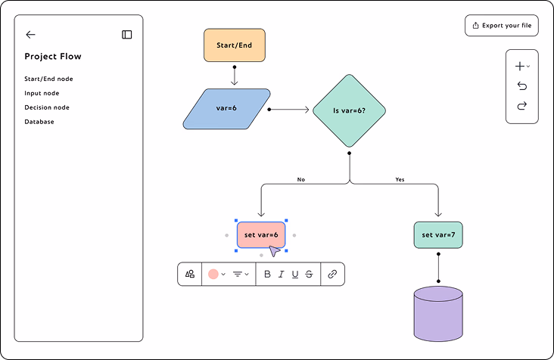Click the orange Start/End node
(235, 45)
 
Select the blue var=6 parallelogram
(226, 109)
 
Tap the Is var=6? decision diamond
(349, 110)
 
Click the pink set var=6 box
(261, 235)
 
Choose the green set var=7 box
(438, 235)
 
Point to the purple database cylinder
(438, 314)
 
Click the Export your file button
(502, 26)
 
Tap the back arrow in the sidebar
(31, 35)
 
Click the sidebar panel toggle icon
(127, 35)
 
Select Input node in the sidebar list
(42, 93)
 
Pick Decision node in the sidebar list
(47, 107)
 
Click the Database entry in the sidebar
(39, 122)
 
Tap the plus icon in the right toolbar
(520, 66)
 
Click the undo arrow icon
(522, 85)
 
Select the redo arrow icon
(522, 106)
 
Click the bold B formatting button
(267, 275)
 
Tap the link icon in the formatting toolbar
(332, 275)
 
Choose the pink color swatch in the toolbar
(213, 275)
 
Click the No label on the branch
(301, 180)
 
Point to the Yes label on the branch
(400, 180)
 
